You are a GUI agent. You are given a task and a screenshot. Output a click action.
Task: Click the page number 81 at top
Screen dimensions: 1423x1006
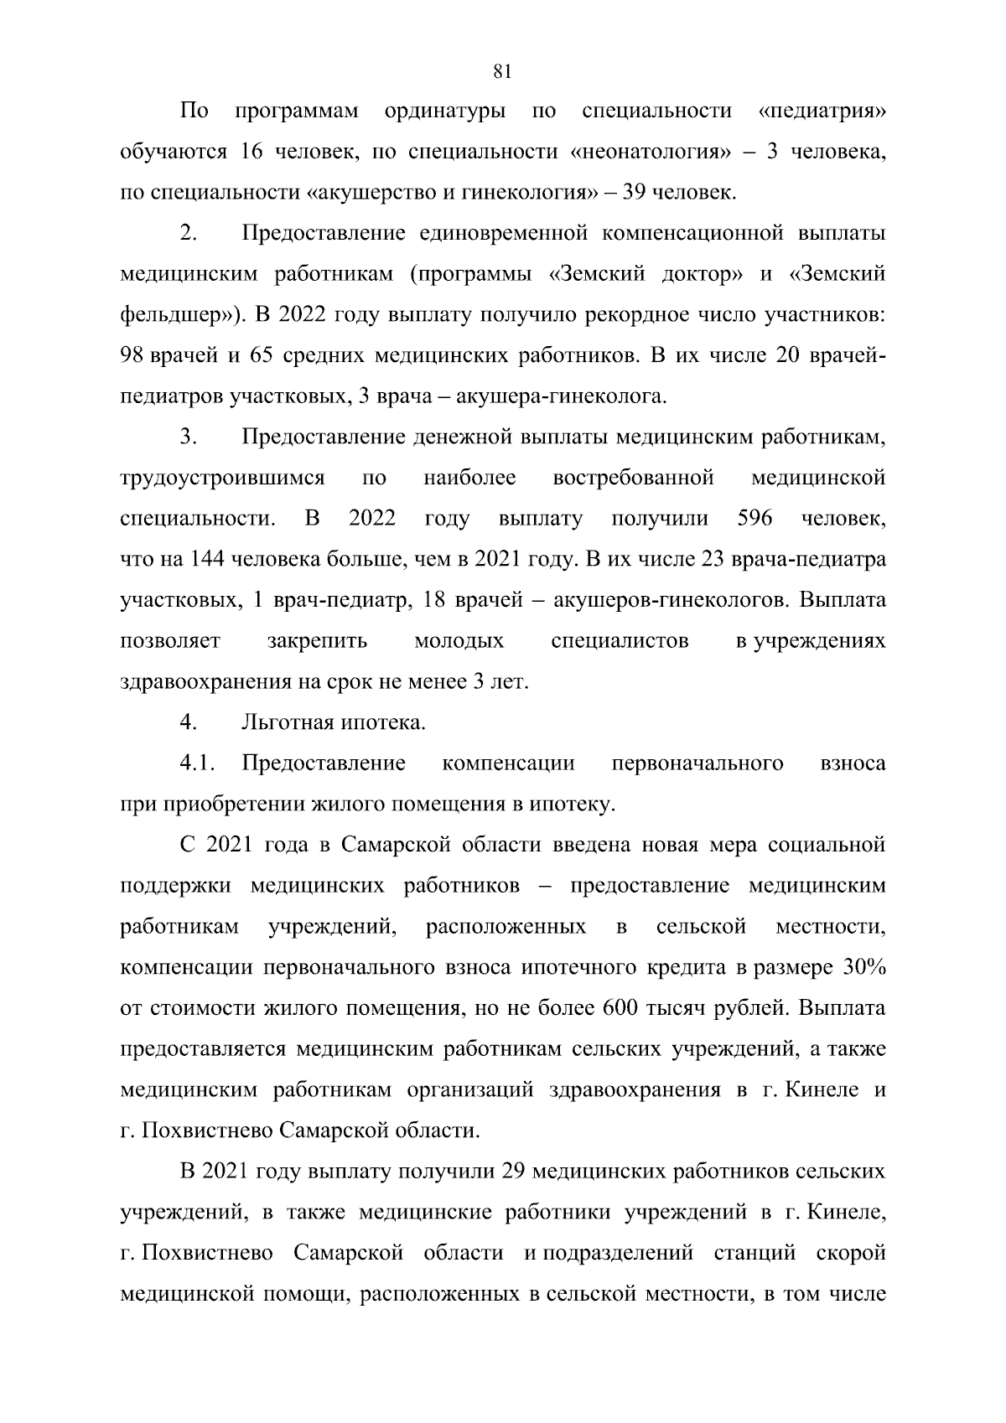(502, 71)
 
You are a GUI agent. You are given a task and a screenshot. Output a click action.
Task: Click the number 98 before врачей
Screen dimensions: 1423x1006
(132, 356)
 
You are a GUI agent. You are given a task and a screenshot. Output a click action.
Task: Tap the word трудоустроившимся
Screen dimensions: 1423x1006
(222, 479)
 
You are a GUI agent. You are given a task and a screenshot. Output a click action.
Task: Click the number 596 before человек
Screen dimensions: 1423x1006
(754, 520)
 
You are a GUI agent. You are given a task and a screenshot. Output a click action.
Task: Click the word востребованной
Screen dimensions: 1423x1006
(633, 479)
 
